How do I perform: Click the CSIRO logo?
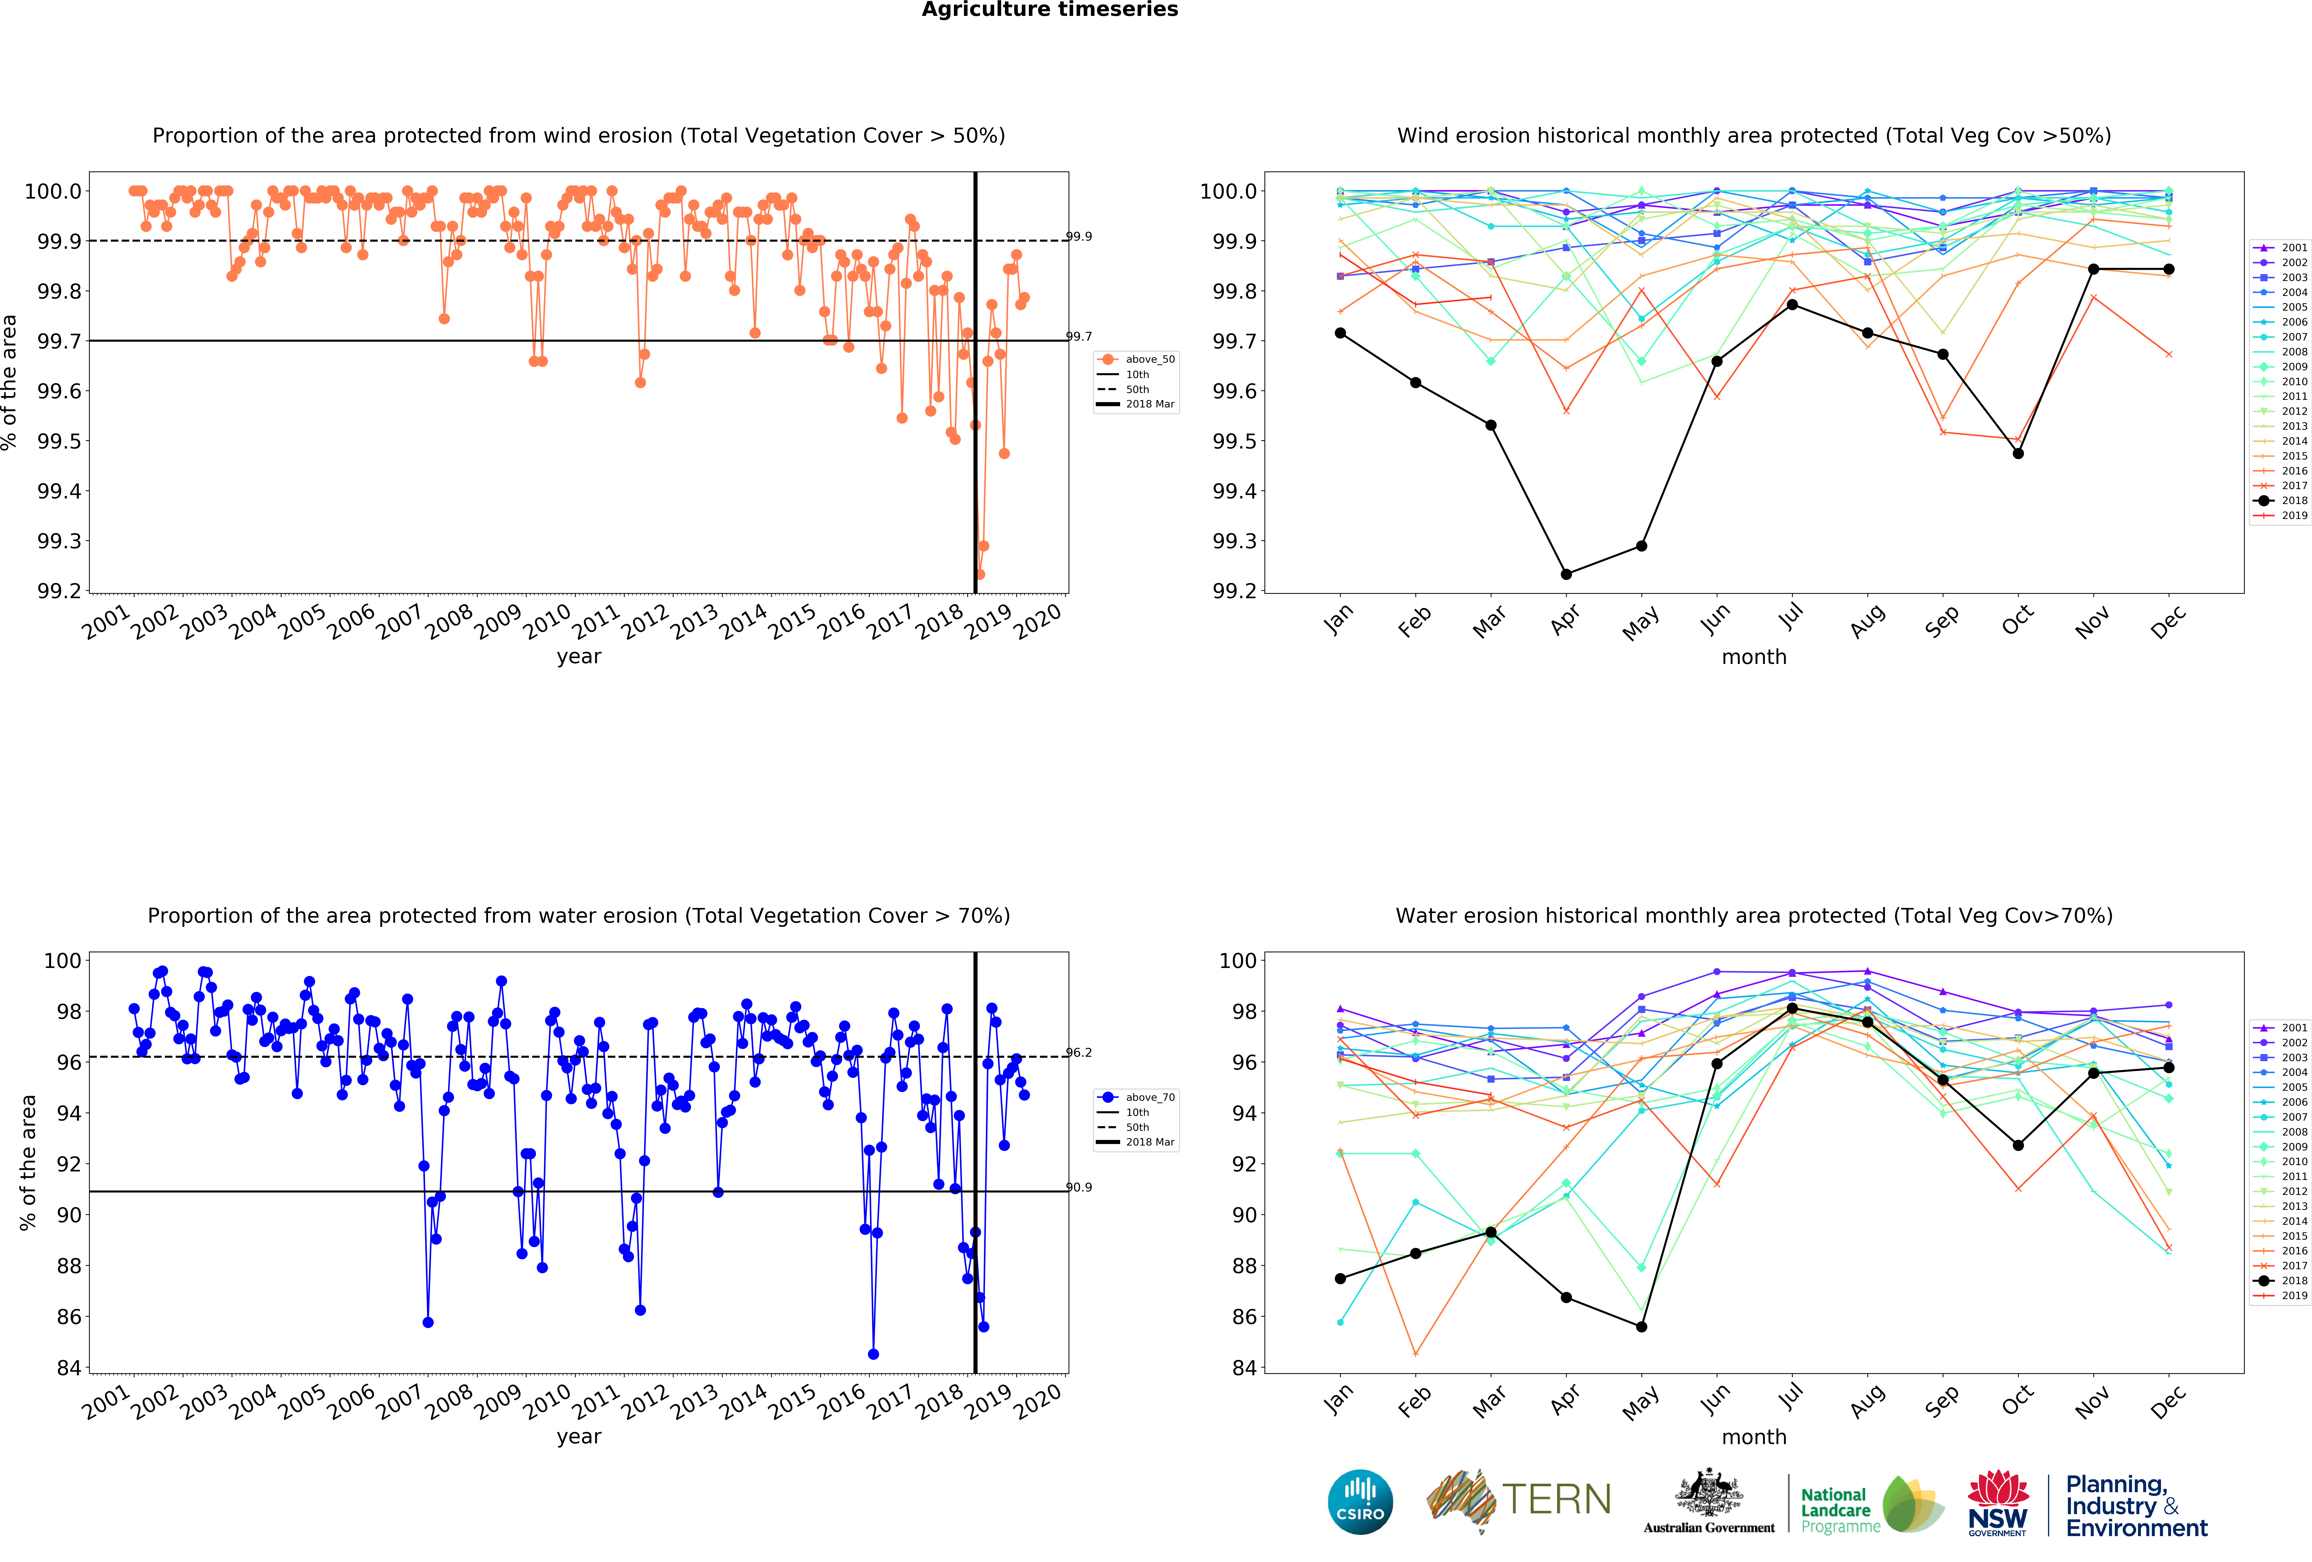(1360, 1501)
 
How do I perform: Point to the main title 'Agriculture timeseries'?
(1049, 10)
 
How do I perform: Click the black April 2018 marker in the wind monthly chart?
(1566, 574)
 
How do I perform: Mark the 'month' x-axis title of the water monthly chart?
(1754, 1437)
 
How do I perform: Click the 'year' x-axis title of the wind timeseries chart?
(579, 657)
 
